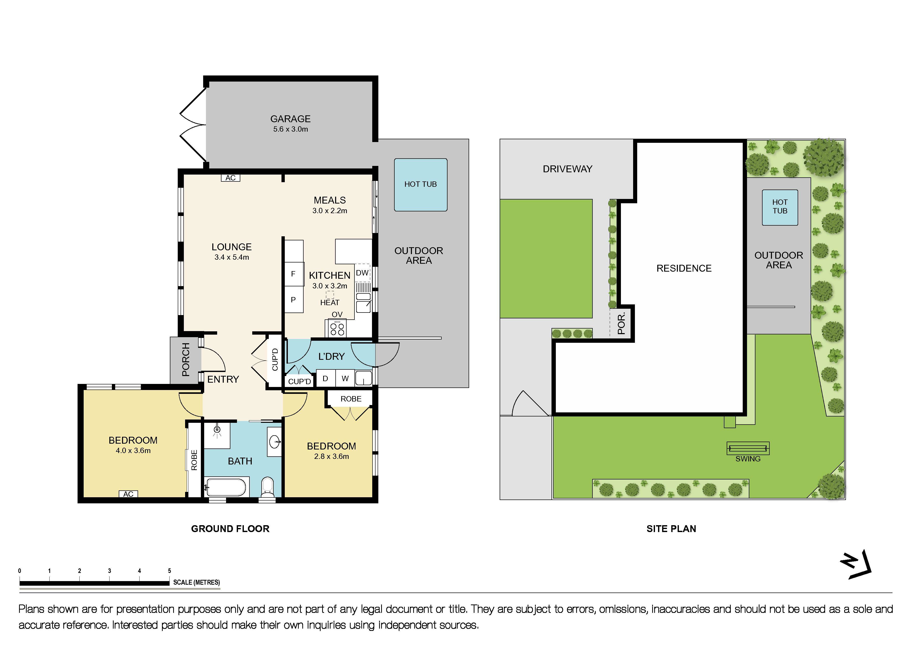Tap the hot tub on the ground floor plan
(x=421, y=184)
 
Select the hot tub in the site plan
(x=780, y=207)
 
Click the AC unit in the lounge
(x=231, y=178)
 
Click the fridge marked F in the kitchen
(x=293, y=274)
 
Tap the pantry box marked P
(x=293, y=300)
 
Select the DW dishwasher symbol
(x=362, y=273)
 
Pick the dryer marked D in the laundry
(x=325, y=378)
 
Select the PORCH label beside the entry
(x=186, y=360)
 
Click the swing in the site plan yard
(x=748, y=448)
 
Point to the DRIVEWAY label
(x=568, y=169)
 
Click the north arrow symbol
(x=856, y=565)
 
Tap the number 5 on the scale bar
(x=169, y=571)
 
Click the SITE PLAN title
(x=671, y=529)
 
